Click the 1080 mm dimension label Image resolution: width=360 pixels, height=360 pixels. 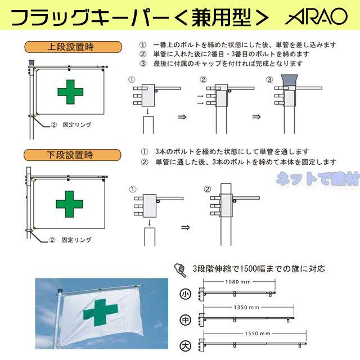[x=237, y=281]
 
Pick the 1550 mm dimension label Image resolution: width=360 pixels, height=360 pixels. [x=254, y=334]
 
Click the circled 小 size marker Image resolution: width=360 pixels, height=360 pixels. [x=186, y=294]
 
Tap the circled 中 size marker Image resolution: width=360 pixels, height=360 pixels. [x=186, y=319]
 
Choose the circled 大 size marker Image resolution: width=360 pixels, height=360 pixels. [x=186, y=345]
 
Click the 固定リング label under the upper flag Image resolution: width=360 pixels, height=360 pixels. [x=76, y=124]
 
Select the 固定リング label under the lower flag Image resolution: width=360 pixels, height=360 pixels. [x=76, y=238]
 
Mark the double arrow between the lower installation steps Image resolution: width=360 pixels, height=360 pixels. [x=183, y=228]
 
